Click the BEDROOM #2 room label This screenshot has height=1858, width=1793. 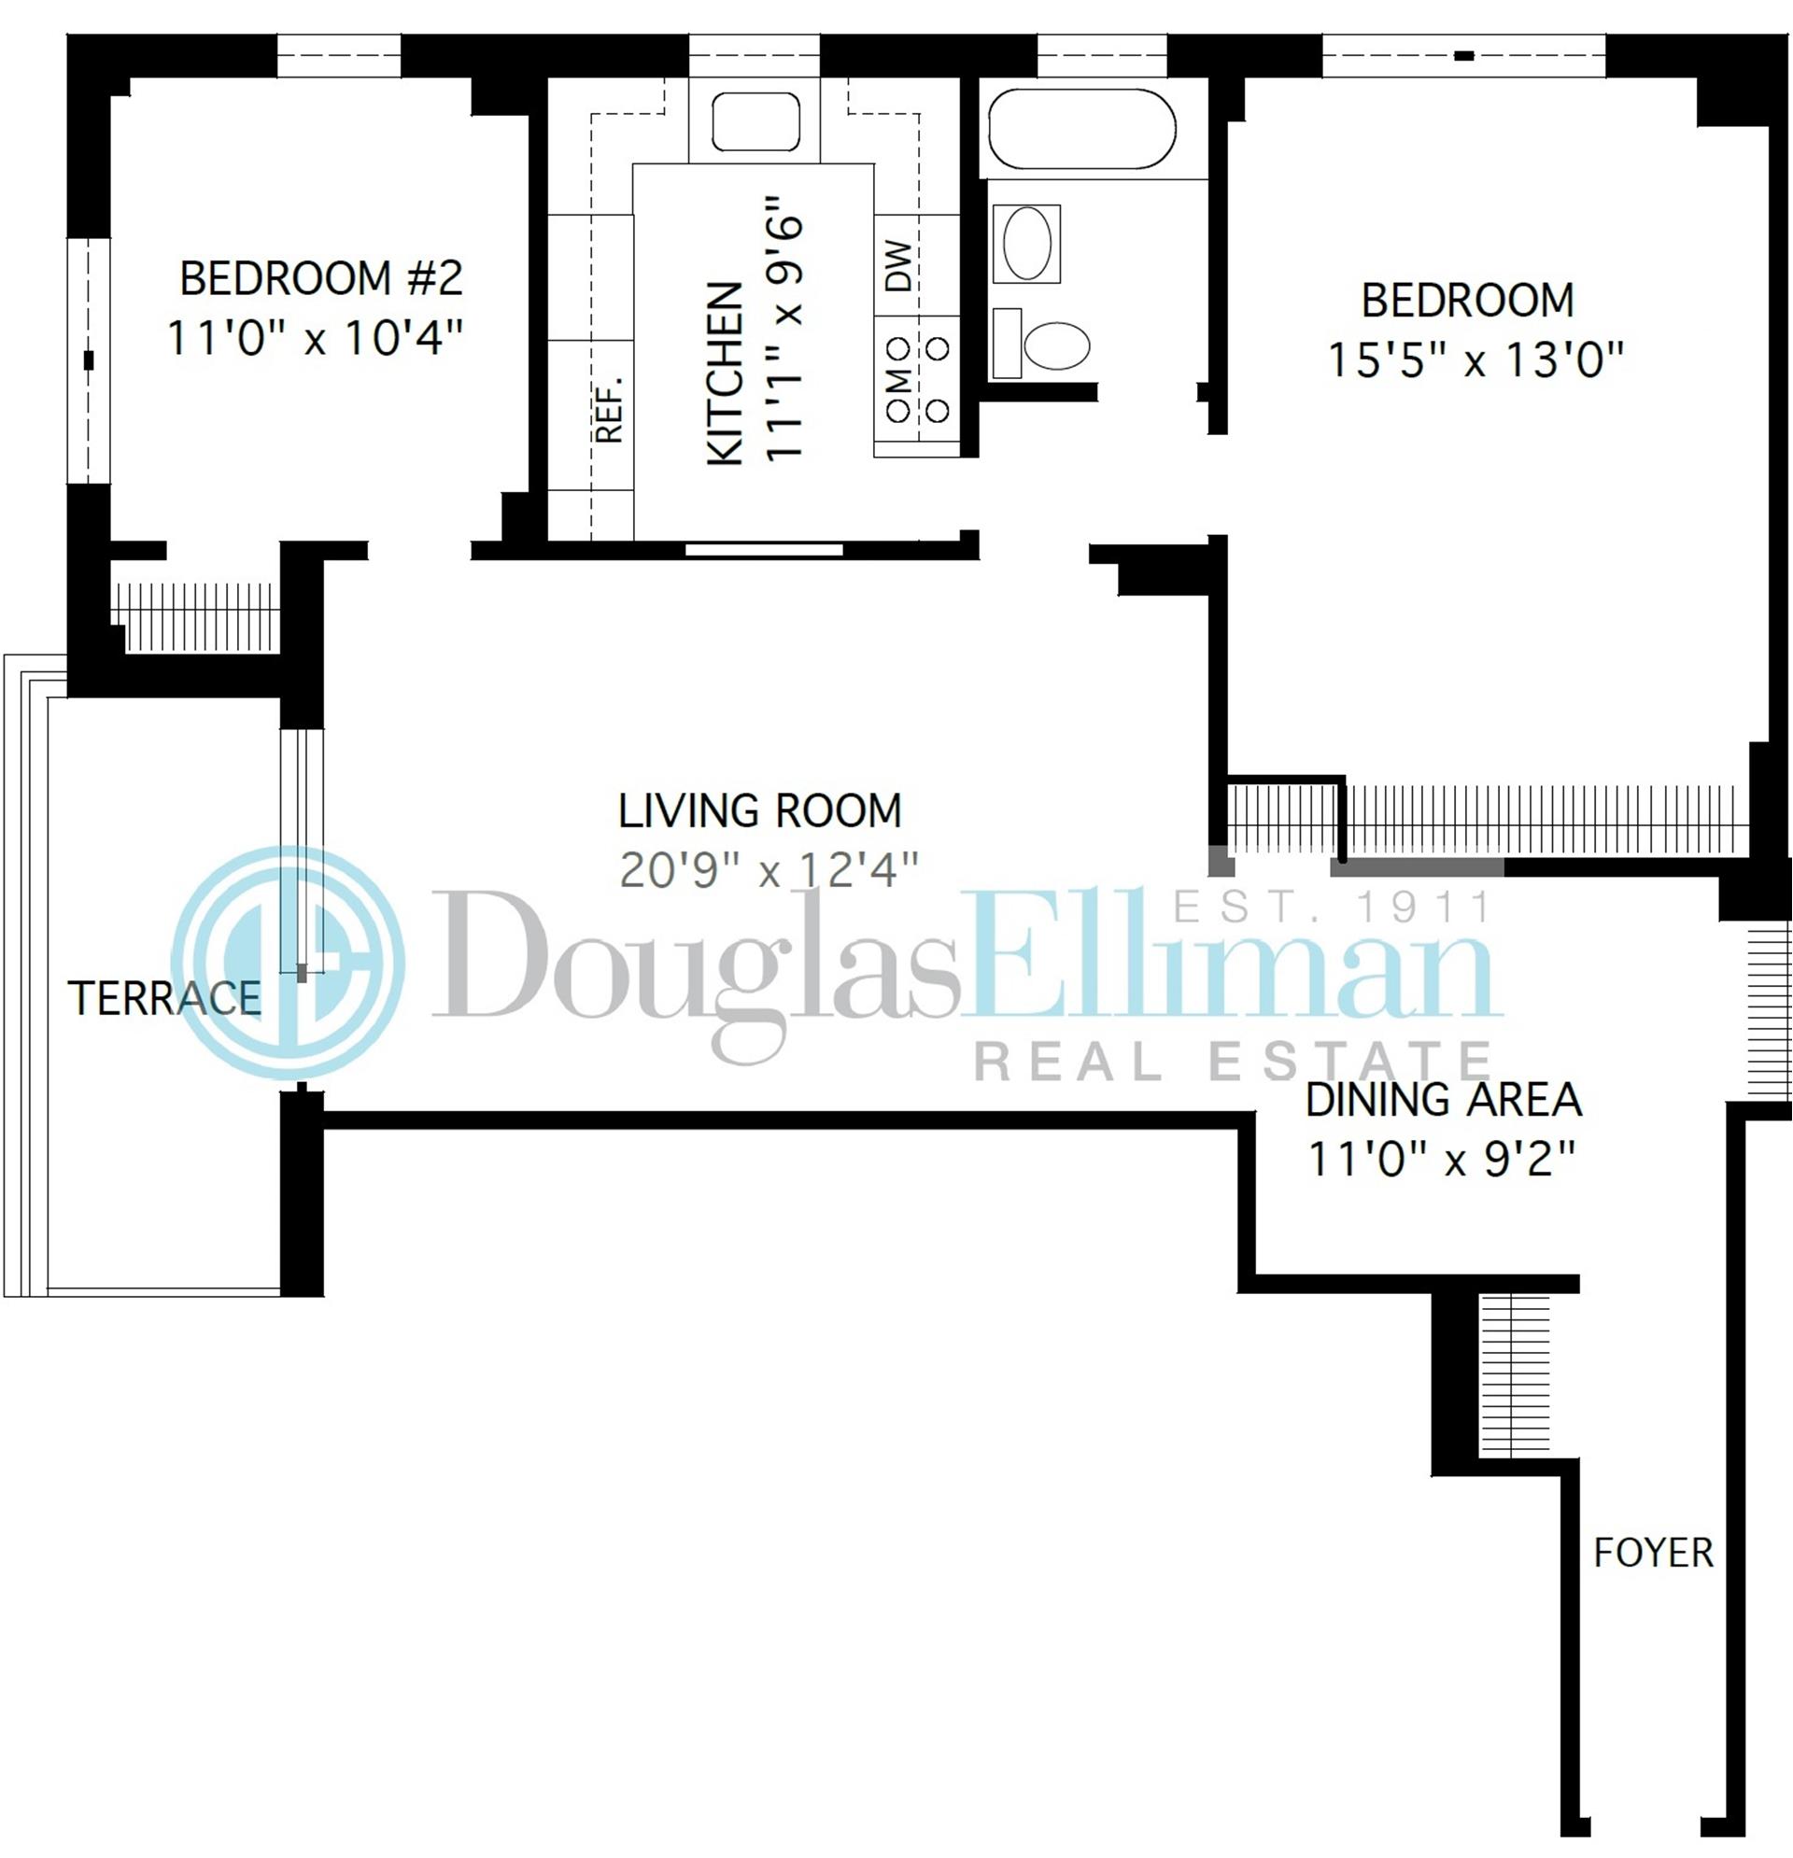[320, 278]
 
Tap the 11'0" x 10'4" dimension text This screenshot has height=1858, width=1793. [315, 337]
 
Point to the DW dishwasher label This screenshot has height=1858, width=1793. [899, 266]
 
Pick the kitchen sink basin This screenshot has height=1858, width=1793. [755, 121]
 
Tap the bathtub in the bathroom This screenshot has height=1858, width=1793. [1081, 130]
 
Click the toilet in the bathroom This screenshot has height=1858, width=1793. [1054, 345]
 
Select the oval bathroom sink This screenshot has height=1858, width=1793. [1027, 244]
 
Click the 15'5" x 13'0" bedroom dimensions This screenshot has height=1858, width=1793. [1475, 360]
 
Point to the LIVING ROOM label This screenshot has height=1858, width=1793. [759, 811]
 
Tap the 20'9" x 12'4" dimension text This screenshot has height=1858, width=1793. [769, 870]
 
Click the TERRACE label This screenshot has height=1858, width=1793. [164, 998]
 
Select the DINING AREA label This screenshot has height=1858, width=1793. [1443, 1100]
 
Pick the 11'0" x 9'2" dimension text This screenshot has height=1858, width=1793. [1441, 1159]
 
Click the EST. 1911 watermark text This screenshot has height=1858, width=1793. [1333, 908]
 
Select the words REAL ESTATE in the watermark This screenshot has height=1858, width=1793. [1233, 1062]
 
